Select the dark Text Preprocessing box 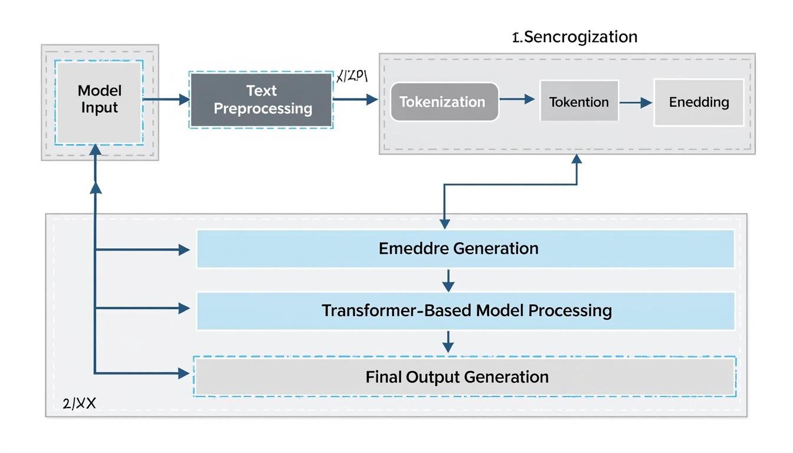point(261,100)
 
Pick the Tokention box point(579,102)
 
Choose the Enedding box point(699,102)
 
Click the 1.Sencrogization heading point(575,37)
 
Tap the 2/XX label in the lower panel point(79,404)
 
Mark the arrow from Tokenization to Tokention point(517,100)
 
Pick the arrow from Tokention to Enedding point(636,103)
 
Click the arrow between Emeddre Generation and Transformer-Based point(448,281)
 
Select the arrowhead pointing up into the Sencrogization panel point(576,160)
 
